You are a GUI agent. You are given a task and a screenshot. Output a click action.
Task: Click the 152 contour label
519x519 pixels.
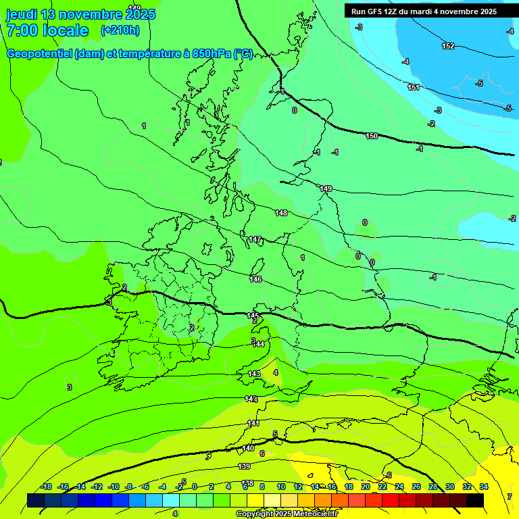coord(448,46)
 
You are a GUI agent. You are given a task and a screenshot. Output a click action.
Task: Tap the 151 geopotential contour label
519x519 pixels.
coord(414,87)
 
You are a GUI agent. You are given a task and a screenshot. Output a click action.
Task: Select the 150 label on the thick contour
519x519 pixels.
coord(372,137)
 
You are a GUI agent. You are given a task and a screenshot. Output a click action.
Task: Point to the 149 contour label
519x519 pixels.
coord(326,189)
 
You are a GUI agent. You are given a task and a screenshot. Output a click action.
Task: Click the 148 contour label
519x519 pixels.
coord(281,213)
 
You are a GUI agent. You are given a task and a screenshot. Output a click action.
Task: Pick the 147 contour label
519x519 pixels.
coord(255,239)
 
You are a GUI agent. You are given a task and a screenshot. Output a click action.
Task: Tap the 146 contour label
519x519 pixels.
coord(255,279)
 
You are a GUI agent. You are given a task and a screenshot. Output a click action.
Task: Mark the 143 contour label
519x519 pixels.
coord(254,374)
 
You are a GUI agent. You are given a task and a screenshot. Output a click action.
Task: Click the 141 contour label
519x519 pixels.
coord(253,423)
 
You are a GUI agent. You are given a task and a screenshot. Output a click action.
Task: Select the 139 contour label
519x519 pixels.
coord(245,466)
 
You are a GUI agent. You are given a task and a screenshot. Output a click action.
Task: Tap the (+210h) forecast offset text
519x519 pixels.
coord(120,30)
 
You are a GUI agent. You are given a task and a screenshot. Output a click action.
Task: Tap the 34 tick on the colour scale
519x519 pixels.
coord(484,487)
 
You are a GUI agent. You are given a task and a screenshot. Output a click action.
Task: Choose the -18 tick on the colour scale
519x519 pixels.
coord(47,487)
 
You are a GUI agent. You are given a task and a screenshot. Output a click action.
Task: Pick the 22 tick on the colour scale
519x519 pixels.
coord(382,487)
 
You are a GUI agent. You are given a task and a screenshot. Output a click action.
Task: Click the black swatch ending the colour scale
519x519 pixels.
coord(475,500)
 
